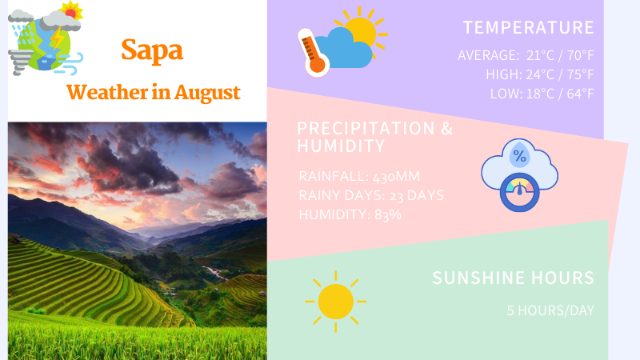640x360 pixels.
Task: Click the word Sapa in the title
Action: tap(152, 50)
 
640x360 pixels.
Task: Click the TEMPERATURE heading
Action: tap(529, 27)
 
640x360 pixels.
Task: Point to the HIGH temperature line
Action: tap(540, 74)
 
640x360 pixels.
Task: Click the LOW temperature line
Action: tap(542, 94)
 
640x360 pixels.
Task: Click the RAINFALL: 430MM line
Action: tap(359, 176)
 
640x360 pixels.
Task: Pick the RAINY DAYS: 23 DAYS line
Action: tap(370, 195)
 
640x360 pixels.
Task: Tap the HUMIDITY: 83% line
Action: tap(350, 214)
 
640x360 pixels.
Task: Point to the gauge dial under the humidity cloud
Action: tap(520, 193)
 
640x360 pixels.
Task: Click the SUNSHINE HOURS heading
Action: tap(513, 278)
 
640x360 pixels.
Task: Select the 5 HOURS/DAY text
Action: tap(550, 310)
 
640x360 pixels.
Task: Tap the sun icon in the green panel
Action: tap(335, 302)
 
